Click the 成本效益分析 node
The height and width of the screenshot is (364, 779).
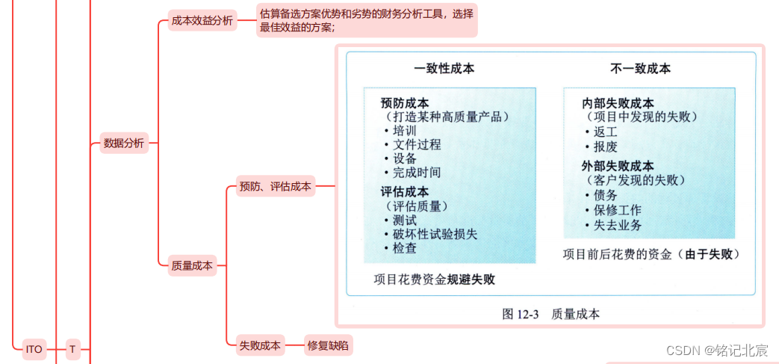[x=202, y=21]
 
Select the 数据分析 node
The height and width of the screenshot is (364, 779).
[x=124, y=143]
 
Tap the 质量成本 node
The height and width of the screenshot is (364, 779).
[x=192, y=265]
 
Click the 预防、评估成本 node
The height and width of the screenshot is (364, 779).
[x=274, y=186]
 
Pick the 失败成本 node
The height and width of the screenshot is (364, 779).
[x=259, y=345]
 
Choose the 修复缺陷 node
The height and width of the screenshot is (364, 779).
[x=328, y=345]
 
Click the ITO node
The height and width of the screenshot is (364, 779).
[x=34, y=349]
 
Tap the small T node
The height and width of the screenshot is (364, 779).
[x=72, y=349]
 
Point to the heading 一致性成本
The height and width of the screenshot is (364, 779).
[x=444, y=69]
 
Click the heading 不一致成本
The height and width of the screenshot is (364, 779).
[x=640, y=69]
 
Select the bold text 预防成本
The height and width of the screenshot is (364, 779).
[x=405, y=103]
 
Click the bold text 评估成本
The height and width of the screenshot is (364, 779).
[x=405, y=192]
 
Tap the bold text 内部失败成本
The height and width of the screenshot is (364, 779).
[x=618, y=103]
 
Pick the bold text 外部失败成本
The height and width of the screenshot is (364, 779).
[x=618, y=166]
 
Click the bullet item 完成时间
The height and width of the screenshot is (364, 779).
[x=417, y=172]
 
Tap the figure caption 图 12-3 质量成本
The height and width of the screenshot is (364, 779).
[x=550, y=314]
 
